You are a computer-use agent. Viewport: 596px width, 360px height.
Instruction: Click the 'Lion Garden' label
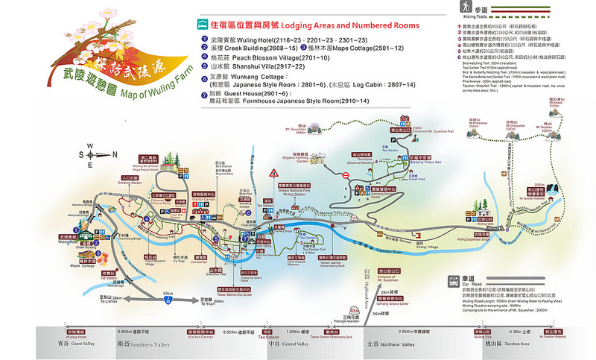click(x=200, y=262)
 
